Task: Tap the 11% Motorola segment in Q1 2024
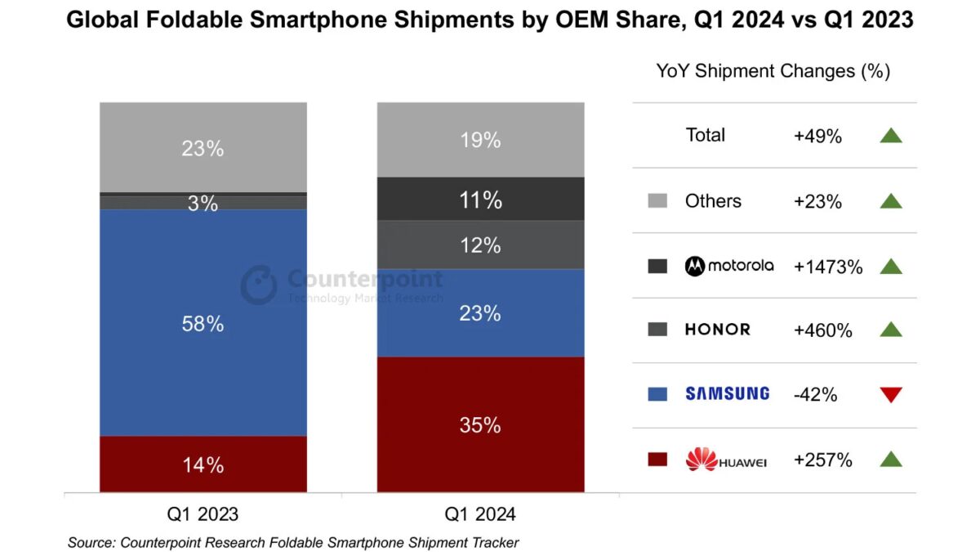click(480, 200)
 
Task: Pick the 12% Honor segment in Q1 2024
click(480, 245)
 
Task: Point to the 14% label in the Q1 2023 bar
click(203, 464)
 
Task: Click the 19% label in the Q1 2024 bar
click(480, 141)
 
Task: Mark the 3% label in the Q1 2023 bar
click(203, 204)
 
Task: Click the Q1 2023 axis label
click(203, 514)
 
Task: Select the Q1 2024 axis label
click(480, 514)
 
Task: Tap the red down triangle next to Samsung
click(891, 395)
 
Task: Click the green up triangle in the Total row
click(891, 136)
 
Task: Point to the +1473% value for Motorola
click(828, 266)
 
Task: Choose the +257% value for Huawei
click(822, 460)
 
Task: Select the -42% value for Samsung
click(815, 395)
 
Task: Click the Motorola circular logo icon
click(695, 266)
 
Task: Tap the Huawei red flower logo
click(701, 459)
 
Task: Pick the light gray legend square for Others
click(657, 201)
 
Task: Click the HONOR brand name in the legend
click(717, 330)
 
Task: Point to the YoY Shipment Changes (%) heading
click(773, 71)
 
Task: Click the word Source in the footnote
click(90, 542)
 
